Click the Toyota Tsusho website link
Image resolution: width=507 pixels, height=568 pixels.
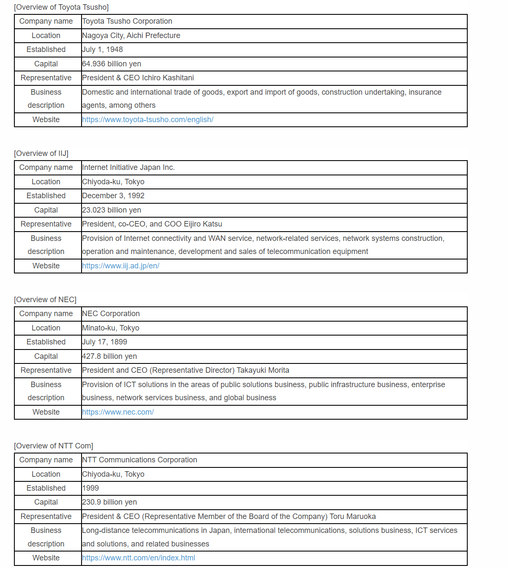click(x=147, y=120)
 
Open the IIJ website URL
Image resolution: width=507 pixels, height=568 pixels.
click(x=120, y=266)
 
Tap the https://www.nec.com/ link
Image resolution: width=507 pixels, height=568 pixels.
click(x=118, y=412)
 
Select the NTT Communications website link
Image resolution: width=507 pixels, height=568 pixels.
click(x=139, y=558)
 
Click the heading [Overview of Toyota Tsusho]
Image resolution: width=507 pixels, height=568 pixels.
click(x=61, y=7)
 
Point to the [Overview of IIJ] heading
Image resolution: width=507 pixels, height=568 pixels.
click(x=41, y=153)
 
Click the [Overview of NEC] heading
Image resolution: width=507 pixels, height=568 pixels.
click(x=45, y=300)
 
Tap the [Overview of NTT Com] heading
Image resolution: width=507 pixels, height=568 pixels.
click(x=54, y=446)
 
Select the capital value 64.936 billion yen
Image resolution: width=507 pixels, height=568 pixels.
click(x=112, y=64)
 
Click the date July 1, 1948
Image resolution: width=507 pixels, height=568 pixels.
click(x=102, y=49)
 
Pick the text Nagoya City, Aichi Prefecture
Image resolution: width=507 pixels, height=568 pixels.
click(x=131, y=35)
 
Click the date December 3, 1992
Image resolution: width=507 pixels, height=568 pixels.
click(x=113, y=196)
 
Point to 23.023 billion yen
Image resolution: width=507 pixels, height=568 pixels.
click(x=112, y=210)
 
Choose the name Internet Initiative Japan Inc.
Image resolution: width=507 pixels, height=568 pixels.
click(x=128, y=167)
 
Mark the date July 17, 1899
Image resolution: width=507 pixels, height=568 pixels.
click(x=104, y=342)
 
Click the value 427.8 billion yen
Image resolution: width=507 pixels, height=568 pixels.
click(x=109, y=356)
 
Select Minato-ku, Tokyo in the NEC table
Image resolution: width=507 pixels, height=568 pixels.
click(x=111, y=328)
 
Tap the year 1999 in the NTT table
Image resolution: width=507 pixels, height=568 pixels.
click(x=90, y=488)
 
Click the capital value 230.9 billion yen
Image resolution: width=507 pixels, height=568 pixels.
click(x=109, y=502)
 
